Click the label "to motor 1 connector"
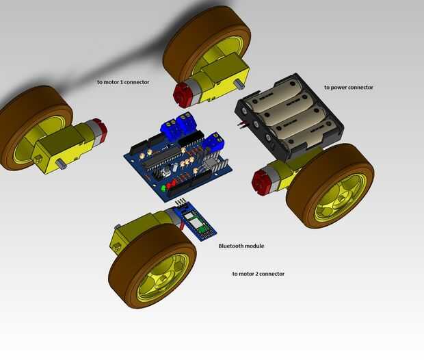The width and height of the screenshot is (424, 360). click(123, 82)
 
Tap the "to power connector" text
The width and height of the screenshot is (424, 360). click(349, 88)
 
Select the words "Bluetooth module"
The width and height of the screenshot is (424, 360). click(241, 246)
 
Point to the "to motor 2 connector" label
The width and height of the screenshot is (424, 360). click(259, 274)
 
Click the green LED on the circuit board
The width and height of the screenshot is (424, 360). click(163, 188)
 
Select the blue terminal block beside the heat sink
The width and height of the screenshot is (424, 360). click(215, 142)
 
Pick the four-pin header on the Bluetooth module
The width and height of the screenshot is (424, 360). click(181, 202)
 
